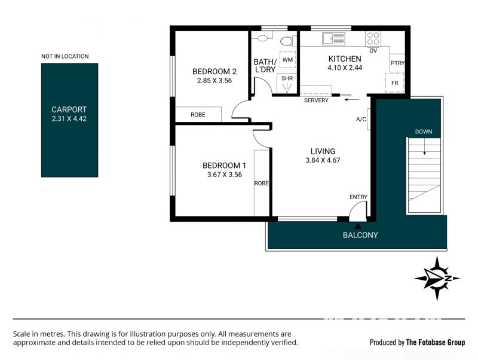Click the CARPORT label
point(69,109)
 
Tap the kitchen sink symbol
point(333,39)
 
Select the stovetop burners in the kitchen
point(373,39)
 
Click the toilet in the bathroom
point(288,41)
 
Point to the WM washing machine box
point(287,60)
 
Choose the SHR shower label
point(287,78)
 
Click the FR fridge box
point(395,83)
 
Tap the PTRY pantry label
point(397,63)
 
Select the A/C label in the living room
point(361,119)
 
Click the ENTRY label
point(358,197)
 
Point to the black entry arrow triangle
point(358,226)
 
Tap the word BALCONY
point(360,235)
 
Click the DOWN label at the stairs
point(424,132)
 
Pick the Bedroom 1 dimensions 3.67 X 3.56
point(225,175)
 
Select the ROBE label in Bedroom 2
point(198,115)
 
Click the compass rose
point(437,278)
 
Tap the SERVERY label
point(316,100)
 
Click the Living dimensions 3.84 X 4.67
point(323,160)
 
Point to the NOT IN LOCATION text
point(65,56)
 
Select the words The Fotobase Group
point(436,342)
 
